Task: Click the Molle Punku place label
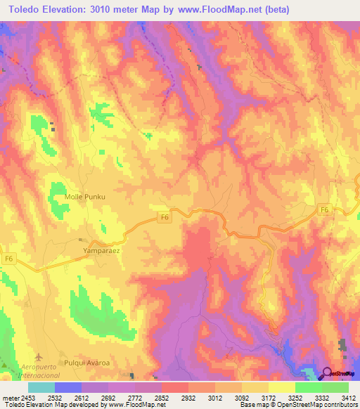[84, 197]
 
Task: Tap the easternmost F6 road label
[324, 209]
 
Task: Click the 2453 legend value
[27, 397]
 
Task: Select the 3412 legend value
[349, 397]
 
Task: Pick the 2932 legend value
[188, 397]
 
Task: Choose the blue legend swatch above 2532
[68, 387]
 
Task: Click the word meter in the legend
[8, 397]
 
